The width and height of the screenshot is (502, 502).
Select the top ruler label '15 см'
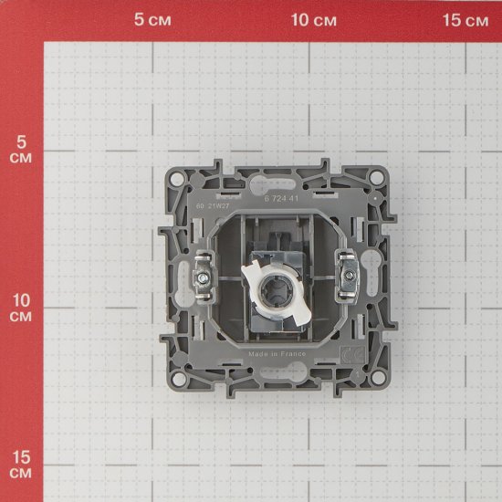coord(466,20)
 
